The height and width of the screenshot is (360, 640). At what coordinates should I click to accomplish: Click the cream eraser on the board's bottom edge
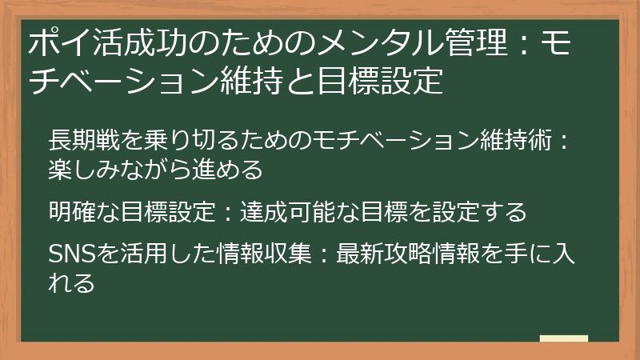(563, 338)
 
